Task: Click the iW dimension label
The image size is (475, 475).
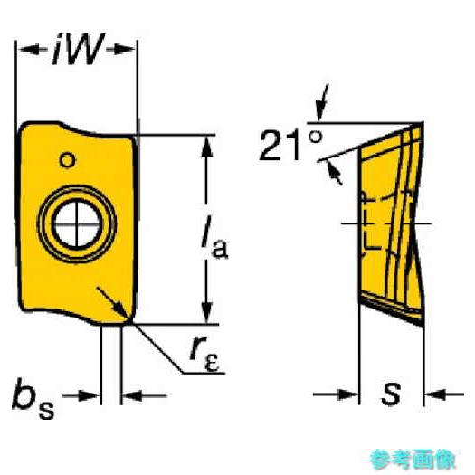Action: click(78, 50)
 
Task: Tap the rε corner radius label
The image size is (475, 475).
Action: click(204, 358)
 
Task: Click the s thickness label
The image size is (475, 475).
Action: click(391, 394)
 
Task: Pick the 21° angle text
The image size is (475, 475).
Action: click(290, 145)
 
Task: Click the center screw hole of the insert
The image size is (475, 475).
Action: click(77, 224)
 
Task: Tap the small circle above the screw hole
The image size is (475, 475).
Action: click(67, 160)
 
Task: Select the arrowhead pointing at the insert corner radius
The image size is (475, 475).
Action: click(122, 311)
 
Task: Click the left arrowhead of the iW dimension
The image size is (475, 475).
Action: click(29, 50)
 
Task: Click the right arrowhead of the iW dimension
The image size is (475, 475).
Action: click(124, 50)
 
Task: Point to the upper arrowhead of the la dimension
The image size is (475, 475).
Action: click(206, 147)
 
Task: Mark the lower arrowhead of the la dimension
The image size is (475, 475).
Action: click(206, 313)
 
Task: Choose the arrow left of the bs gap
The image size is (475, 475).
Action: click(81, 395)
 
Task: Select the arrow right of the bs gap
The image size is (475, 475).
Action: click(144, 395)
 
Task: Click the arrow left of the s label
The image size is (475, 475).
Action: click(336, 394)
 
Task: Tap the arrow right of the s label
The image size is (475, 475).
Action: click(444, 394)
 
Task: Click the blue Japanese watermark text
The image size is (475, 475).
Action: click(413, 460)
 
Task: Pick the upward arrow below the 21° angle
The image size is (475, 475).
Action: click(334, 172)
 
